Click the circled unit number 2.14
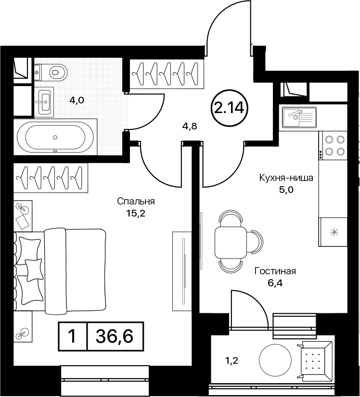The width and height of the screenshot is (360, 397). [x=230, y=108]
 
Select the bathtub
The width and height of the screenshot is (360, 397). [x=55, y=137]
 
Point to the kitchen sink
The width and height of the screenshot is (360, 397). [x=300, y=117]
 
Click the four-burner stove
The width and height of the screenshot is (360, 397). [x=333, y=145]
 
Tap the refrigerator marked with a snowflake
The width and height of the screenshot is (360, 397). [x=333, y=231]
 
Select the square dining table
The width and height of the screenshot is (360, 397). [x=231, y=243]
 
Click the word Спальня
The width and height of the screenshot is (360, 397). [x=136, y=202]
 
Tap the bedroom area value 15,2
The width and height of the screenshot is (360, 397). [x=136, y=214]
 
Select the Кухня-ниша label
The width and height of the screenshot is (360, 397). [x=286, y=178]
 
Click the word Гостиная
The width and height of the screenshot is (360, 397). [x=275, y=271]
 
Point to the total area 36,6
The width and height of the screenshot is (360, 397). [x=115, y=336]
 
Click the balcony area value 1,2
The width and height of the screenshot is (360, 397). [x=231, y=361]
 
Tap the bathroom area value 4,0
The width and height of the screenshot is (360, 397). [x=77, y=101]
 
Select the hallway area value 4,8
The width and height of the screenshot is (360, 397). [x=190, y=126]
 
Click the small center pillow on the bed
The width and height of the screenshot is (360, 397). [x=34, y=269]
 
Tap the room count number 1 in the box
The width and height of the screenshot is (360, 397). [x=72, y=336]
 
